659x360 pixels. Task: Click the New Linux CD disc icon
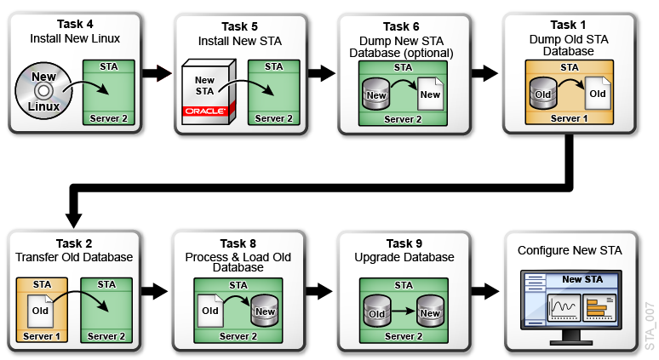point(40,90)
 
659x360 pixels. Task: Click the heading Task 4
point(75,25)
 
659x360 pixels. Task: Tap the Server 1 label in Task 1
point(569,118)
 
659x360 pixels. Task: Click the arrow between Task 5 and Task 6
point(324,73)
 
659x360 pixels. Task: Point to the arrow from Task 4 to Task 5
point(159,73)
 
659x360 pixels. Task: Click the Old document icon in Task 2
point(39,311)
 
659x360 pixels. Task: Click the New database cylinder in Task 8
point(266,311)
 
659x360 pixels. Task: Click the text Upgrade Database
point(404,257)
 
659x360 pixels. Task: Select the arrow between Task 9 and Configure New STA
point(488,291)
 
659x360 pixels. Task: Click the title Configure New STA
point(570,250)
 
